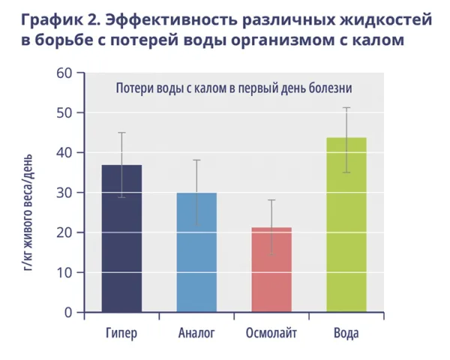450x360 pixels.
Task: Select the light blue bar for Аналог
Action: click(x=196, y=255)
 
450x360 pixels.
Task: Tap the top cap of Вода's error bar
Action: click(x=346, y=108)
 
